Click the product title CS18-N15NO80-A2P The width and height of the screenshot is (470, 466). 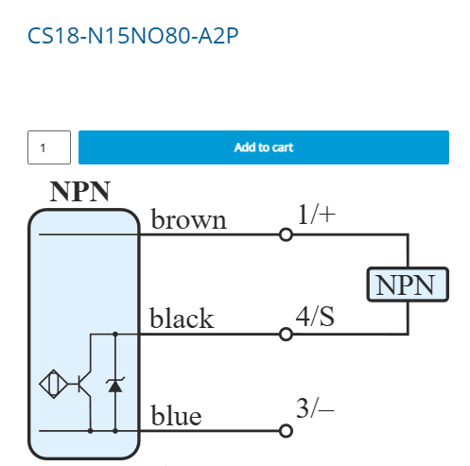tap(132, 35)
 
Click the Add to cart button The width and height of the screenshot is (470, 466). tap(264, 147)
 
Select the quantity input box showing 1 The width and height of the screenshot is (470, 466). tap(49, 147)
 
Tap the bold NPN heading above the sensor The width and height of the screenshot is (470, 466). tap(80, 192)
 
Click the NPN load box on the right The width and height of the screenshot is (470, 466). tap(408, 285)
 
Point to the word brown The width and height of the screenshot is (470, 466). tap(189, 219)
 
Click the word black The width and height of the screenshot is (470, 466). tap(182, 318)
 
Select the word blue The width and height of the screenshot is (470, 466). tap(176, 415)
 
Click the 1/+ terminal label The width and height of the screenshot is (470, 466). tap(316, 215)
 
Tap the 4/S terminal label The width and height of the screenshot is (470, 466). tap(315, 316)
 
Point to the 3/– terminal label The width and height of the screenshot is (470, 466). tap(315, 408)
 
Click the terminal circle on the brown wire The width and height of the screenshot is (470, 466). tap(286, 234)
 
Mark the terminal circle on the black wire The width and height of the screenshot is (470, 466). tap(286, 334)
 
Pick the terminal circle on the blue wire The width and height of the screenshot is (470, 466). tap(286, 431)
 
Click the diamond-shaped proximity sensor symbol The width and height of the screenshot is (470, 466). tap(54, 384)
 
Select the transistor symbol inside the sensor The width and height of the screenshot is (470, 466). tap(84, 384)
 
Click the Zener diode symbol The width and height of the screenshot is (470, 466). tap(115, 385)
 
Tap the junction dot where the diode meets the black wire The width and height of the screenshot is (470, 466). tap(115, 334)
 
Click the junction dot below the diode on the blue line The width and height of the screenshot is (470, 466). tap(115, 431)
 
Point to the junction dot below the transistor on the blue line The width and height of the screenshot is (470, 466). tap(91, 431)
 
